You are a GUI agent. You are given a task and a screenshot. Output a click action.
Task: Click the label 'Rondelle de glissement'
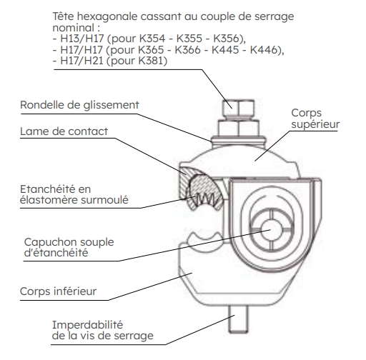click(79, 105)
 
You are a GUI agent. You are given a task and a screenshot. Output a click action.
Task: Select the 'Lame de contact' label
click(64, 131)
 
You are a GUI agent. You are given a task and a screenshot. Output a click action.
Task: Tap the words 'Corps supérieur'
click(315, 119)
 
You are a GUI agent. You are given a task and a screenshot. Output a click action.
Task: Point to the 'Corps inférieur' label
click(58, 291)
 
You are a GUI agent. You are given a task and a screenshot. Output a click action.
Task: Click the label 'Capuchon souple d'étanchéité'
click(69, 247)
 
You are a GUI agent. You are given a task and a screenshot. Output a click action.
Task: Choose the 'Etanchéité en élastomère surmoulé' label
click(74, 194)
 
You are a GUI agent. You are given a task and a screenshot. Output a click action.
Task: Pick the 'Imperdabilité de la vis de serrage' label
click(103, 330)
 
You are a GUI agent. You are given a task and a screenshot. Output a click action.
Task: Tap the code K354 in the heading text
click(152, 39)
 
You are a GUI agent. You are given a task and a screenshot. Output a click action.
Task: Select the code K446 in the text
click(264, 49)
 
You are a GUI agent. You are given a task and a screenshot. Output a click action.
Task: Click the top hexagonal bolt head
click(239, 109)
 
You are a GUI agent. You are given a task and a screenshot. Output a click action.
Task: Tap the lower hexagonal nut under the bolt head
click(239, 128)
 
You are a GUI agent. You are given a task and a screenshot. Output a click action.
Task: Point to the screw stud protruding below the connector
click(238, 319)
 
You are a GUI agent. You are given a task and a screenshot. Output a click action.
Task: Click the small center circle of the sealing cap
click(272, 230)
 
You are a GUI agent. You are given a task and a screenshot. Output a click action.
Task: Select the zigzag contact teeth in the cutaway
click(207, 199)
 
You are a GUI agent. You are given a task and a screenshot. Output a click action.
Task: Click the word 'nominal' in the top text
click(74, 28)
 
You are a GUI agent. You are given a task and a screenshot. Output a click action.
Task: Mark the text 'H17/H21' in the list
click(81, 61)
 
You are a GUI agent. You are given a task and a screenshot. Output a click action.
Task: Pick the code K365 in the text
click(151, 49)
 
